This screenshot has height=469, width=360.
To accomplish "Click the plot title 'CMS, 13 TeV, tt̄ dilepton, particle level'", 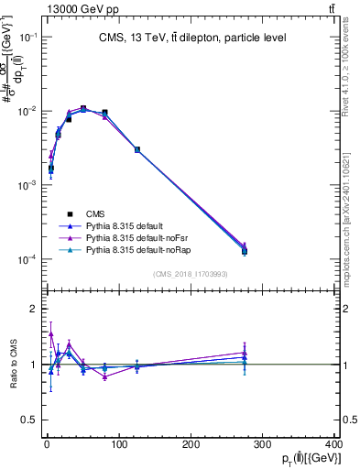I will pos(192,38).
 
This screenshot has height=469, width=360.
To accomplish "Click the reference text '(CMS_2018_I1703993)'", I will pos(191,274).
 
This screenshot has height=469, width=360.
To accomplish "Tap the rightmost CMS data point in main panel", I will pos(245,250).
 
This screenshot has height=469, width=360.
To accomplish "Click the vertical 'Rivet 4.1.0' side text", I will pos(349,55).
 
